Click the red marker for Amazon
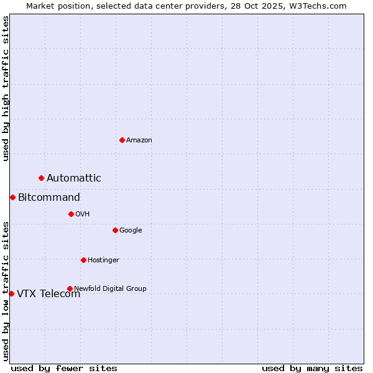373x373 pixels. (122, 140)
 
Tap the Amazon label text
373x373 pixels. (139, 140)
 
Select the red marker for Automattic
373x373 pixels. (42, 178)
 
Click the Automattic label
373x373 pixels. (74, 178)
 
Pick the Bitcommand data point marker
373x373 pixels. (12, 197)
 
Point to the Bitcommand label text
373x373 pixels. (49, 198)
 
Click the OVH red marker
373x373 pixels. (71, 214)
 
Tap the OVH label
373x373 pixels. (83, 214)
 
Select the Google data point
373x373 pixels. (115, 230)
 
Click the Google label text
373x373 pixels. (131, 231)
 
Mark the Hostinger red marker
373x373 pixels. (83, 260)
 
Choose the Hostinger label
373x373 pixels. (103, 260)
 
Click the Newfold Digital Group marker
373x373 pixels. (70, 288)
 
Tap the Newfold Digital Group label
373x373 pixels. (110, 288)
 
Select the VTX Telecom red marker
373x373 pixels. (11, 293)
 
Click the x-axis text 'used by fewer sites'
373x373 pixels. (64, 369)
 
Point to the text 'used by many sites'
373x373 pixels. (312, 369)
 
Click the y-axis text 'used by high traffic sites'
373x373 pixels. (6, 88)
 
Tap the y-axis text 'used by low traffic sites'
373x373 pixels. (6, 291)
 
